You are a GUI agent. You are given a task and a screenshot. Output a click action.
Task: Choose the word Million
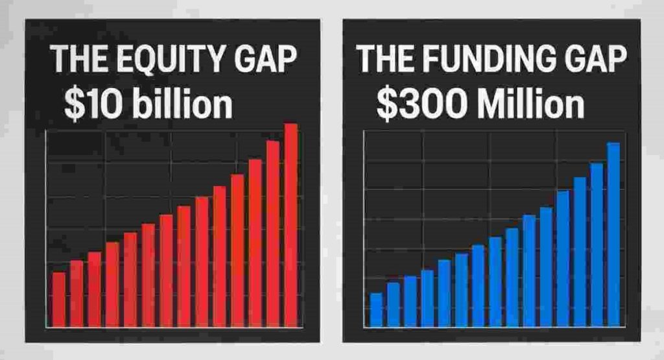pyautogui.click(x=530, y=106)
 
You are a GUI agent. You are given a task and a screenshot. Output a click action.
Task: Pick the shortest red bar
pyautogui.click(x=59, y=299)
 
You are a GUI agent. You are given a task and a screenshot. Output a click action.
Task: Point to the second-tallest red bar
pyautogui.click(x=273, y=234)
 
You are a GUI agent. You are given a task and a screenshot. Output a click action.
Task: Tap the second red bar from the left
pyautogui.click(x=77, y=293)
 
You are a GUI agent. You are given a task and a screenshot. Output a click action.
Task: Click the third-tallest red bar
pyautogui.click(x=255, y=243)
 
